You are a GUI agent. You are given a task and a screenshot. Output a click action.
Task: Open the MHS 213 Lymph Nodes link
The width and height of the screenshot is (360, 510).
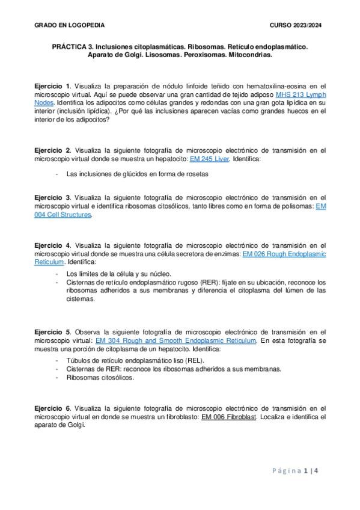tap(301, 95)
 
